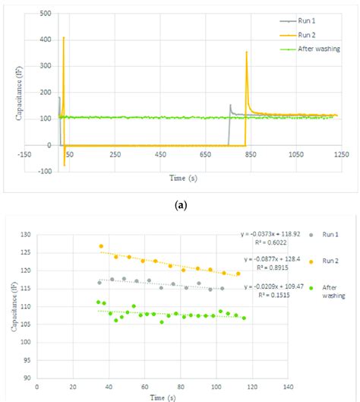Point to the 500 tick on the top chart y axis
(x=43, y=14)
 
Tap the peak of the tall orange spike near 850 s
(x=246, y=52)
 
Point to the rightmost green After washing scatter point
(x=244, y=318)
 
